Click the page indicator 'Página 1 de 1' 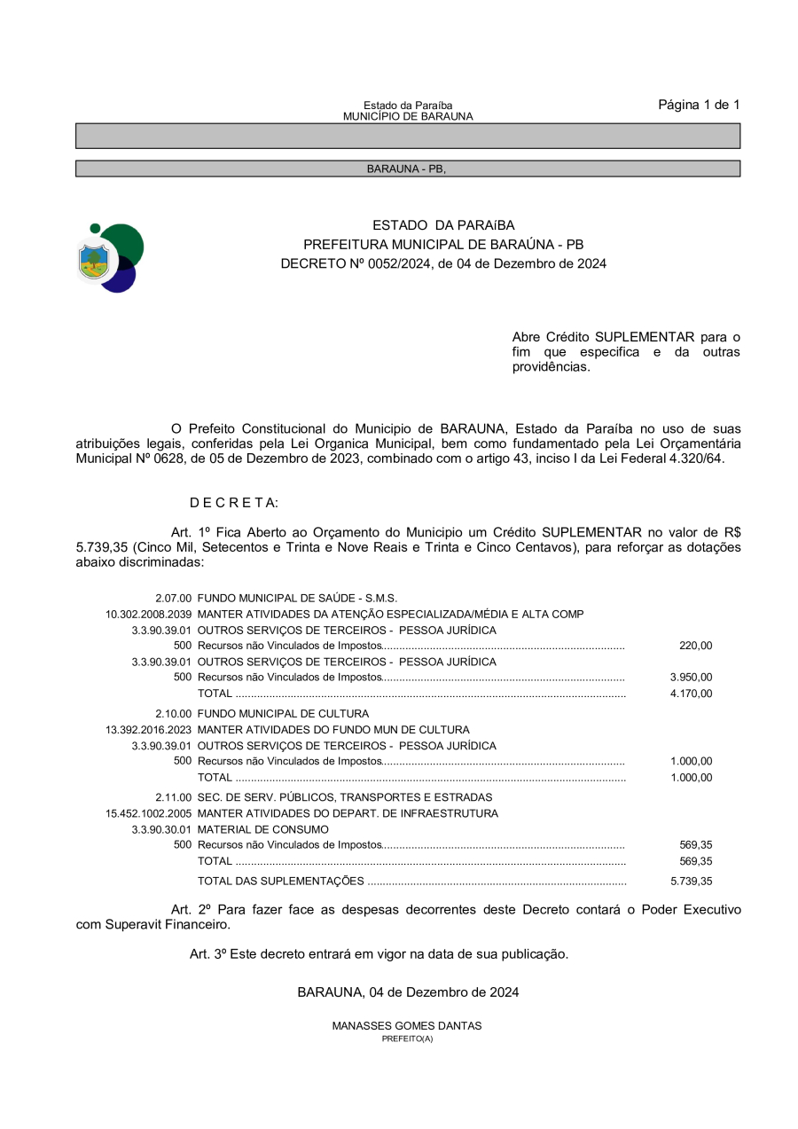pos(699,105)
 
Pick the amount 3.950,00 pos(692,678)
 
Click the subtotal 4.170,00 pos(692,694)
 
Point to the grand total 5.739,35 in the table pos(692,882)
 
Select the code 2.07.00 pos(174,599)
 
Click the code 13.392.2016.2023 pos(148,730)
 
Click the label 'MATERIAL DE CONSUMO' pos(262,829)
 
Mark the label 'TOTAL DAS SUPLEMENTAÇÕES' pos(280,882)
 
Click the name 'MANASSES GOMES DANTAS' pos(407,1026)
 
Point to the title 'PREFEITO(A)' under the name pos(407,1039)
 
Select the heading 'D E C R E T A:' pos(234,503)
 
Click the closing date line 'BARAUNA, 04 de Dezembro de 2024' pos(408,992)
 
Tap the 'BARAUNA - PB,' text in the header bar pos(407,169)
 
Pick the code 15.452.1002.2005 pos(148,813)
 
